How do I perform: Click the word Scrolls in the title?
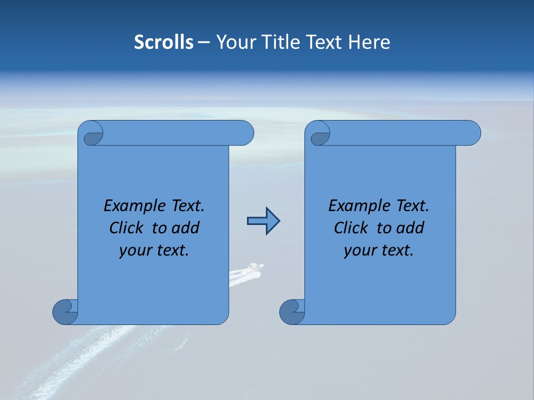pos(164,42)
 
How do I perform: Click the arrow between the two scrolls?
pos(263,221)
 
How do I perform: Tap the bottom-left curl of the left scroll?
pos(66,312)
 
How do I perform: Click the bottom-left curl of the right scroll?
pos(293,312)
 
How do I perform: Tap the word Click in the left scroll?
pos(126,228)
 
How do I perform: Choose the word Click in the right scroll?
pos(350,228)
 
